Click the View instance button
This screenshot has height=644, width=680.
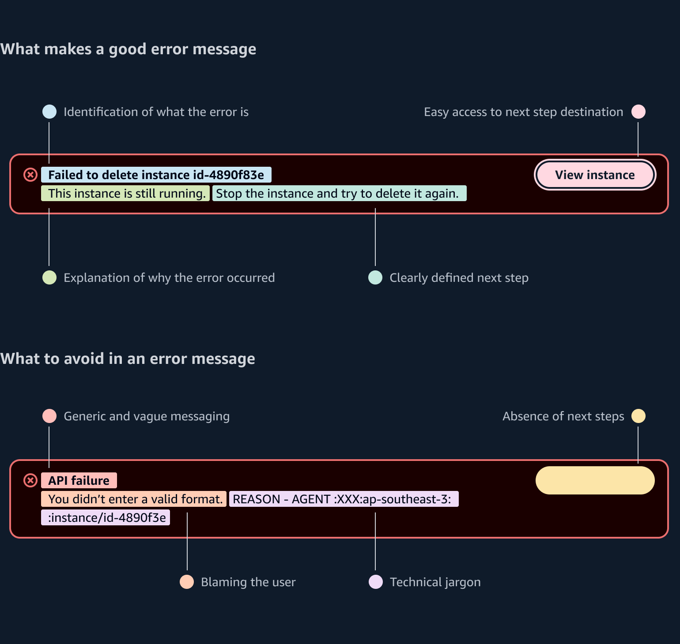595,175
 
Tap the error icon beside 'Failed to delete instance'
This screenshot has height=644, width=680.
30,175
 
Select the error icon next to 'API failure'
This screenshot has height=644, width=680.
30,480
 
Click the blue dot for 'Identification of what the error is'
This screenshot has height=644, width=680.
49,112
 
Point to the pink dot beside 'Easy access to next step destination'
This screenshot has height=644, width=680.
638,112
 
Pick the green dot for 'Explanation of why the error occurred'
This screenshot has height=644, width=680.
49,277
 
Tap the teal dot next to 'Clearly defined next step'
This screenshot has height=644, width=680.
375,277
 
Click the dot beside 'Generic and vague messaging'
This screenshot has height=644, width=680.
49,416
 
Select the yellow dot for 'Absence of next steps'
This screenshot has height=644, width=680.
638,416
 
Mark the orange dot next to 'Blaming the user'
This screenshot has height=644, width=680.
187,582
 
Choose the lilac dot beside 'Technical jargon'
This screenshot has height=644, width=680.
376,582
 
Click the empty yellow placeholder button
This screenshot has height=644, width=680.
595,480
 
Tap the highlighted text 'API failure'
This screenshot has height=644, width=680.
79,480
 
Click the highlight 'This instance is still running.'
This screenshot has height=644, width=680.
125,193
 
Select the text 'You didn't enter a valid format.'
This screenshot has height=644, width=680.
134,499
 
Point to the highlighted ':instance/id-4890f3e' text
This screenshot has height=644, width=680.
106,517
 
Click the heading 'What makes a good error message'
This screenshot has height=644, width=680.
128,49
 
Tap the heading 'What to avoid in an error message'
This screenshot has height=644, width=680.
128,359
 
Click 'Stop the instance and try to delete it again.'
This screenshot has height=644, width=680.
340,193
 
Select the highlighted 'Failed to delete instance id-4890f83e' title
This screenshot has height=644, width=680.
156,175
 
